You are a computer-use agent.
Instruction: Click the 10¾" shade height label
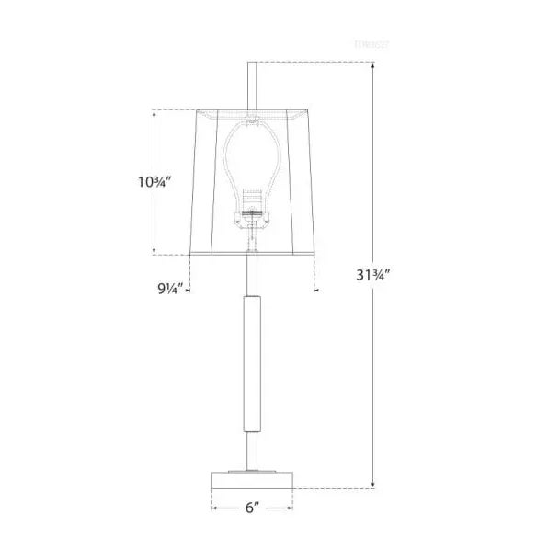point(131,181)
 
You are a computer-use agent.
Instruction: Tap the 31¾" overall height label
point(374,273)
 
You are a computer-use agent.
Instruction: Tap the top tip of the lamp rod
point(251,63)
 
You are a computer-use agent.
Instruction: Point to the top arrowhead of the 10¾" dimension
point(153,111)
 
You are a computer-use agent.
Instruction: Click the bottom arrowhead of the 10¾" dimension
point(153,253)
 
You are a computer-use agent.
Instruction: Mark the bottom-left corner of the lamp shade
point(189,255)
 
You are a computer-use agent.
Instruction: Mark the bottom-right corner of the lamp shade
point(314,255)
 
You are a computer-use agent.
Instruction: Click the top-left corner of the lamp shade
point(198,111)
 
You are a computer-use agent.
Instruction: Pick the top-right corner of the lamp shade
point(305,111)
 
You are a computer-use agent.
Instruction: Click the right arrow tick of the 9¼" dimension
point(314,289)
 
